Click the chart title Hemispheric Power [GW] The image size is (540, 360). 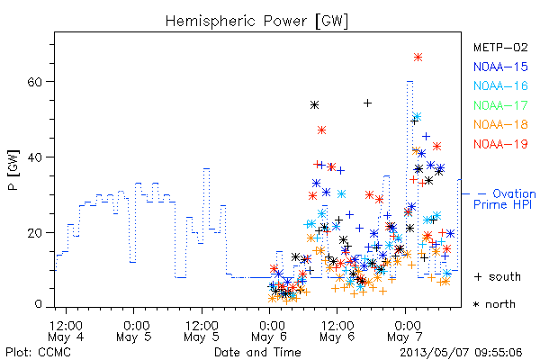(x=256, y=21)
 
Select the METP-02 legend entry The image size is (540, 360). (x=500, y=48)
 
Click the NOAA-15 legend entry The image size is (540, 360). (x=500, y=67)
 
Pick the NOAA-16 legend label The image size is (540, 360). (x=500, y=85)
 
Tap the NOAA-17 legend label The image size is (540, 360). (x=500, y=105)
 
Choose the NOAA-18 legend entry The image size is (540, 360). (x=500, y=124)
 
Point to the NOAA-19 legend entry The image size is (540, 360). (x=500, y=144)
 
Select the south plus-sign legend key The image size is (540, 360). (x=478, y=276)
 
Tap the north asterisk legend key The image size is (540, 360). (x=477, y=304)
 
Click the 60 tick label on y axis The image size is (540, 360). (x=35, y=82)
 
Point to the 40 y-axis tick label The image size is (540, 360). (x=35, y=157)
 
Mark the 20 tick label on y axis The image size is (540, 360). (x=35, y=233)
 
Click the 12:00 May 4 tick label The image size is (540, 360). (x=66, y=330)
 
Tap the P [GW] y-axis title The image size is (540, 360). (x=13, y=170)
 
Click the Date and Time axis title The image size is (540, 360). (x=257, y=353)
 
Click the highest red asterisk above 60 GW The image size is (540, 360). (x=418, y=58)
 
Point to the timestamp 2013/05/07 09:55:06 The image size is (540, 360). (x=461, y=353)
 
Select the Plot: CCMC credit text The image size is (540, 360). (x=38, y=353)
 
